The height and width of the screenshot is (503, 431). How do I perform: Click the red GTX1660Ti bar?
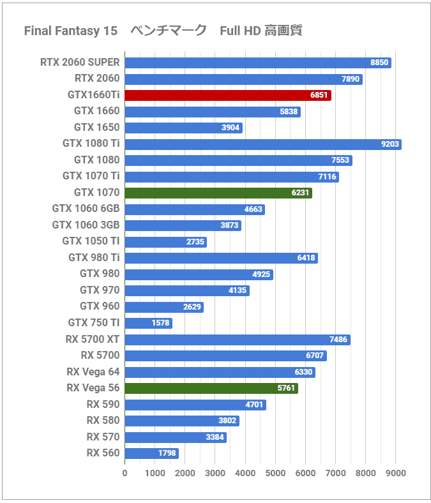click(x=227, y=95)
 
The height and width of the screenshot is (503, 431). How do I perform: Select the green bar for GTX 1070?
click(x=218, y=193)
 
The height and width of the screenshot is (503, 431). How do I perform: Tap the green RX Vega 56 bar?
click(x=211, y=388)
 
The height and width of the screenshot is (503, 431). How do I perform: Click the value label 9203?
click(x=389, y=144)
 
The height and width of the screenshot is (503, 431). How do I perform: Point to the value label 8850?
click(x=379, y=63)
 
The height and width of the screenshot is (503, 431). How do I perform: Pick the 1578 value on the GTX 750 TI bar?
click(x=160, y=323)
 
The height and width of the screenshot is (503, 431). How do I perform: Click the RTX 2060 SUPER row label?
click(x=80, y=63)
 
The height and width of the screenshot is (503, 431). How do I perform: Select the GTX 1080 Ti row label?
click(x=91, y=144)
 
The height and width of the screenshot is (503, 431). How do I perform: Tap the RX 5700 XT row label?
click(x=92, y=339)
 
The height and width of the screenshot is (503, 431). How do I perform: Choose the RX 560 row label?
click(x=103, y=453)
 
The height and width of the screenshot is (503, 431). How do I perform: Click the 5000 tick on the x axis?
click(x=275, y=473)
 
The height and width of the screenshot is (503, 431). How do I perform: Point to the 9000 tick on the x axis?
click(x=396, y=473)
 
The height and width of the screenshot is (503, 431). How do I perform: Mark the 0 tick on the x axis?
click(x=125, y=473)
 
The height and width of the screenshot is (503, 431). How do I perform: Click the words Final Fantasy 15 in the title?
click(x=70, y=31)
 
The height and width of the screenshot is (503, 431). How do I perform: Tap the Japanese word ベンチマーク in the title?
click(x=169, y=31)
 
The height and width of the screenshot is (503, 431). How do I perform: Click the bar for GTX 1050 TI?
click(x=165, y=241)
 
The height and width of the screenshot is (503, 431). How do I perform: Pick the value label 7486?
click(x=338, y=340)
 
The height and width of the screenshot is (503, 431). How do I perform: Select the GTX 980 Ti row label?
click(x=94, y=258)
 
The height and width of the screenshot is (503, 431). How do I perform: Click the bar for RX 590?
click(x=195, y=405)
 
